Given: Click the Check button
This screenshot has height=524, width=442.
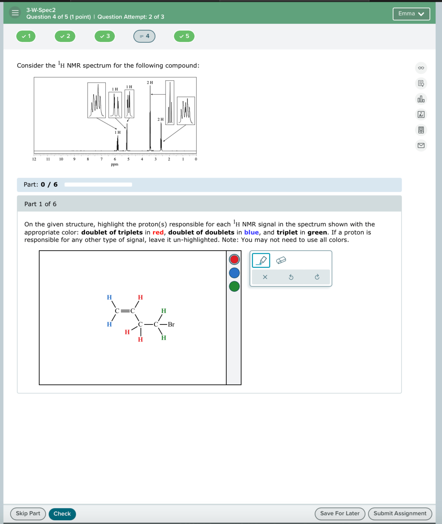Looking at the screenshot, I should click(x=62, y=514).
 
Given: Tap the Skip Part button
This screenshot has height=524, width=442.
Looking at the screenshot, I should click(x=28, y=514).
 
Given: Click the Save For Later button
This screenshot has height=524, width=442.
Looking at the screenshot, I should click(x=340, y=514).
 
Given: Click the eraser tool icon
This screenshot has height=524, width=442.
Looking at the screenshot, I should click(x=281, y=260).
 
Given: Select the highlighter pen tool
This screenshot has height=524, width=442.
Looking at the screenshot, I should click(x=261, y=260).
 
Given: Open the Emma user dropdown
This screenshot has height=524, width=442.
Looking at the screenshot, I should click(x=411, y=14).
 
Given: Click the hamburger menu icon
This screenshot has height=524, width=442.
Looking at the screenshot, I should click(x=15, y=12).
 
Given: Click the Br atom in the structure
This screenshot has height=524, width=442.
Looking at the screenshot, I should click(x=171, y=324).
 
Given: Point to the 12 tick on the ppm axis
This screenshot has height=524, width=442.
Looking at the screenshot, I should click(x=34, y=159).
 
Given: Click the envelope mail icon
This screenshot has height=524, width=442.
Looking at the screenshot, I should click(x=421, y=145).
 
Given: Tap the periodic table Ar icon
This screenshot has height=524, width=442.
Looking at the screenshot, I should click(x=421, y=115).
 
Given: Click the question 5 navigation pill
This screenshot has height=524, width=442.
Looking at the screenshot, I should click(x=184, y=36).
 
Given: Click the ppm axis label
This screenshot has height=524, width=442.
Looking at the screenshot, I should click(x=114, y=164).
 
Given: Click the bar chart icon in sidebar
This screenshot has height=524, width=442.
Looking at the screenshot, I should click(x=421, y=99).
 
